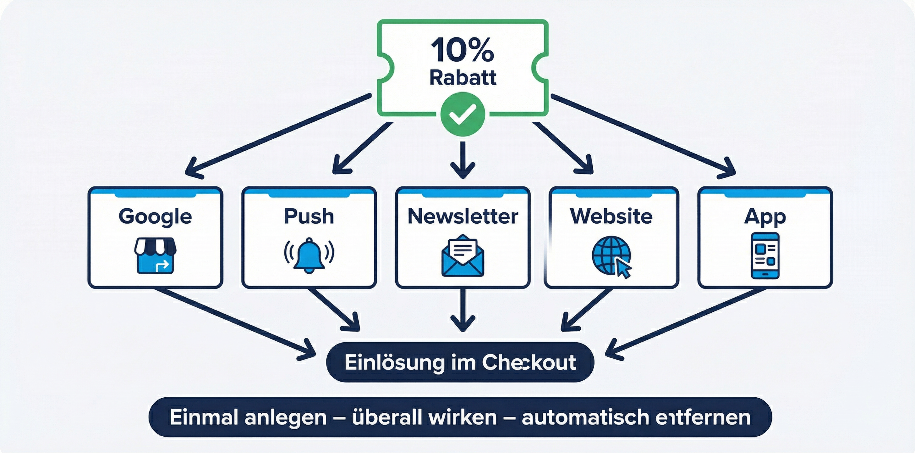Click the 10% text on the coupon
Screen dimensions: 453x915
(462, 50)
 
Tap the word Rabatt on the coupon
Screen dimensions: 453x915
(463, 77)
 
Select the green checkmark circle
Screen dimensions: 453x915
(463, 114)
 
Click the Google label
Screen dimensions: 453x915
(155, 216)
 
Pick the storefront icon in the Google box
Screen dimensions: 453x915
(155, 256)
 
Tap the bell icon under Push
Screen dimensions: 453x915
(309, 256)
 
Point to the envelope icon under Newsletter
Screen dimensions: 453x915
(463, 256)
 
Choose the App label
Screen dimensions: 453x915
(765, 216)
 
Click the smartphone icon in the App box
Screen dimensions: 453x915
(765, 256)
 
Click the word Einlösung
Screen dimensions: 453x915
(394, 362)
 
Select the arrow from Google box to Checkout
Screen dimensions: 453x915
(234, 322)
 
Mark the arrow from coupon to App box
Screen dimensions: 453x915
(643, 135)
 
